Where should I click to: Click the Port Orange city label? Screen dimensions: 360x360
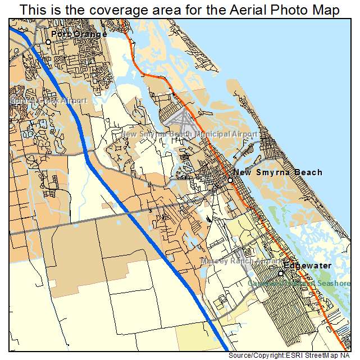click(79, 34)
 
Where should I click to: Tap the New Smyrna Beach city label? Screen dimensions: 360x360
click(277, 172)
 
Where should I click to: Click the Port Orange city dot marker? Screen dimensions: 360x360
click(48, 42)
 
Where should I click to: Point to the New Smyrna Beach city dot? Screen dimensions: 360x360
click(230, 180)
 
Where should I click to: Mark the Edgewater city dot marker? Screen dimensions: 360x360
click(281, 273)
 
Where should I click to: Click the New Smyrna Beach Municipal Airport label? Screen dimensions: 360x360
click(189, 135)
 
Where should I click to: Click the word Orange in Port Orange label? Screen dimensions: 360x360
click(90, 34)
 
